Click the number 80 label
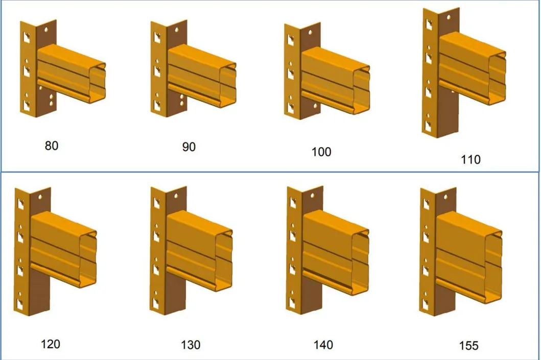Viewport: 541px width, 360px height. tap(52, 146)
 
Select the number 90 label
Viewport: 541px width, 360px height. tap(189, 147)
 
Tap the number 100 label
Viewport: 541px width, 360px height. tap(321, 152)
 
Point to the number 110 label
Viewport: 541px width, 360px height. tap(471, 160)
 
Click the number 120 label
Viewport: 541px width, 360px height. tap(51, 344)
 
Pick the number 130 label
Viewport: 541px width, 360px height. tap(191, 345)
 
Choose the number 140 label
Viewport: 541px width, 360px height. tap(323, 345)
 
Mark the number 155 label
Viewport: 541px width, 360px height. tap(468, 346)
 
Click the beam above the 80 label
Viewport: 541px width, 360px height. tap(70, 74)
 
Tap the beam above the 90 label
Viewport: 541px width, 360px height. tap(202, 76)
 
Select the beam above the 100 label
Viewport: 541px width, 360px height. tap(335, 80)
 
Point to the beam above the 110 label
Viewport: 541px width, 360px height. tap(472, 68)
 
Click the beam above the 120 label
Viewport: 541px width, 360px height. tap(63, 249)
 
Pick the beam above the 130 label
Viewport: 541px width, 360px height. tap(199, 251)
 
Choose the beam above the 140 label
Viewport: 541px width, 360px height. tap(335, 252)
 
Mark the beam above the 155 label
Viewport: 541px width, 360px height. tap(469, 257)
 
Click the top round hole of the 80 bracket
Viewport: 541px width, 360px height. tap(46, 30)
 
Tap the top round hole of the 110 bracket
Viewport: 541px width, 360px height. tap(449, 16)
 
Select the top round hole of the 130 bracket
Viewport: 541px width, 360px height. tap(176, 196)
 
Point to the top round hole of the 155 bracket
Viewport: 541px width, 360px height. tap(445, 198)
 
